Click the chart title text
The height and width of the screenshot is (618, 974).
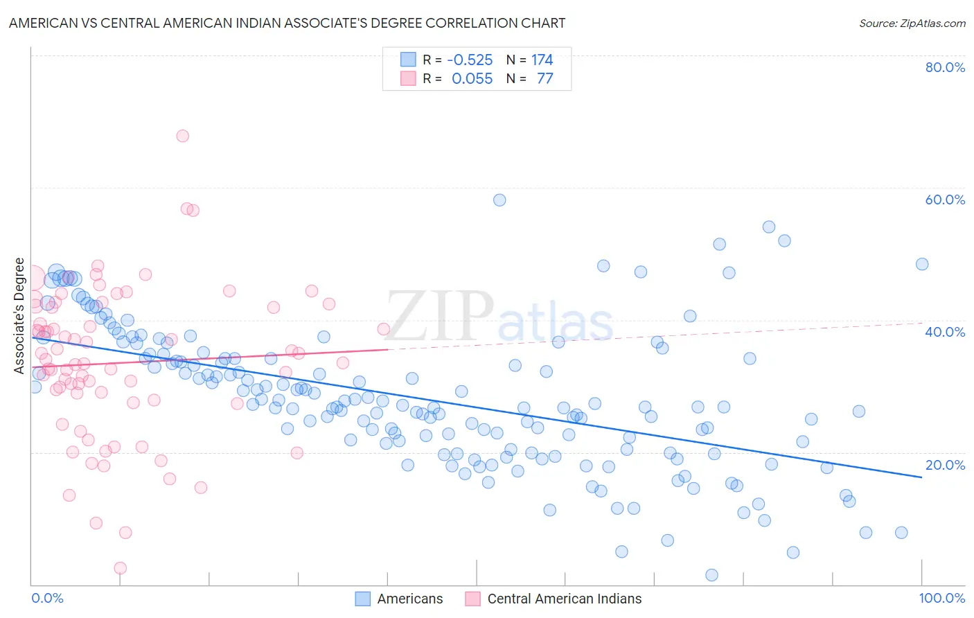pos(287,23)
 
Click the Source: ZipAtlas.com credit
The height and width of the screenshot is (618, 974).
pos(912,23)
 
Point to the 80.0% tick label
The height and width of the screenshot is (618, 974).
pos(945,67)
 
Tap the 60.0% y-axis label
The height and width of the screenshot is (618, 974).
pos(945,200)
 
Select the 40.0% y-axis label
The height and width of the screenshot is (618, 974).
pos(945,332)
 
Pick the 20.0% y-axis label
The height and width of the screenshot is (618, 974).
pos(945,465)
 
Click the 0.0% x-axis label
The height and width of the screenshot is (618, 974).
pos(47,598)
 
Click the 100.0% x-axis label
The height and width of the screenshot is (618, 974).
pos(941,598)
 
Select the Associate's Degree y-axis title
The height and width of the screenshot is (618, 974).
pos(19,316)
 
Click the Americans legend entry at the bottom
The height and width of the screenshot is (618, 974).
pos(409,599)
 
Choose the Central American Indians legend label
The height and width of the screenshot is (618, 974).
pos(564,599)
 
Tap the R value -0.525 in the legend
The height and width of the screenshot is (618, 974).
pos(470,60)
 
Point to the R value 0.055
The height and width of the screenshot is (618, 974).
pos(472,78)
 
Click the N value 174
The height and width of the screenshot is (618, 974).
pos(542,60)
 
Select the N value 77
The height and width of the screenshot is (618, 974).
pos(544,78)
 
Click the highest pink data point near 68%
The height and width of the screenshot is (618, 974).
pos(182,136)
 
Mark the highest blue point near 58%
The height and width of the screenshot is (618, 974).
pos(499,200)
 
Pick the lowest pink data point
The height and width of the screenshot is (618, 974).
pos(120,568)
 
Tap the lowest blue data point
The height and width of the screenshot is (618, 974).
pos(711,575)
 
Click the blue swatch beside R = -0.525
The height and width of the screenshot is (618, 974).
pos(408,60)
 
